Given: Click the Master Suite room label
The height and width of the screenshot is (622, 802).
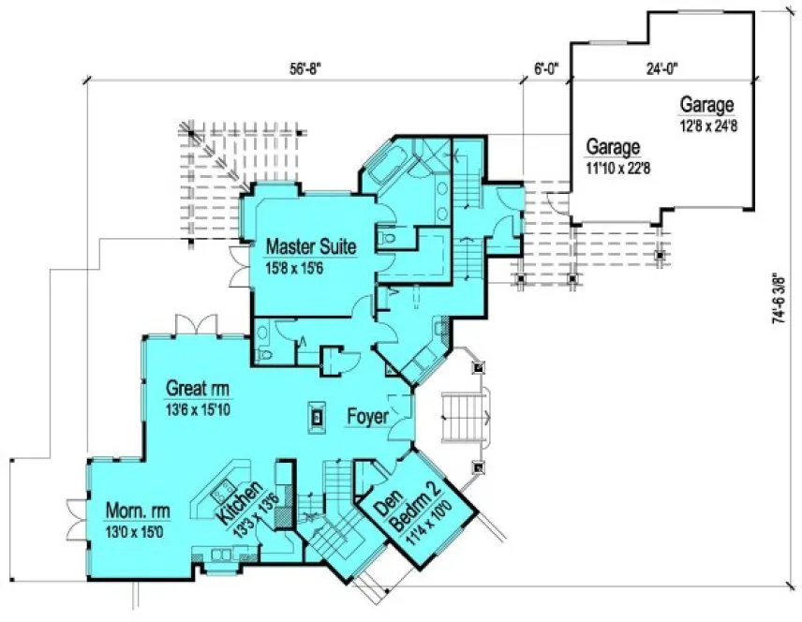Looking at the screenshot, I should click(310, 247).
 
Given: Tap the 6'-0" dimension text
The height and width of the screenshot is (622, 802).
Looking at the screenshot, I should click(545, 67).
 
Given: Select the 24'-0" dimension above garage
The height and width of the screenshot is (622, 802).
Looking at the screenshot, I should click(660, 67).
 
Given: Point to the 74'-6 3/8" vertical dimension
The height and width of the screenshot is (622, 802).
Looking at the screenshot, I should click(777, 299).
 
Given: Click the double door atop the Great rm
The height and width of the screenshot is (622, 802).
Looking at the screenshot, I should click(191, 324).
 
